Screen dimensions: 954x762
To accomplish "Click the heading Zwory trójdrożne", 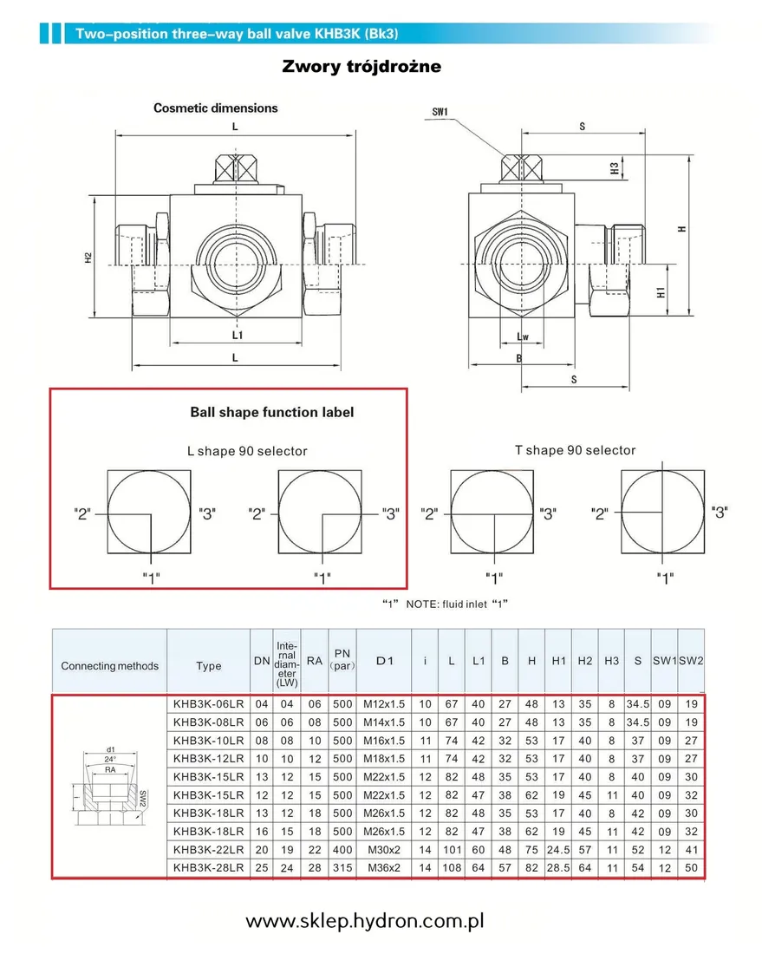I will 361,67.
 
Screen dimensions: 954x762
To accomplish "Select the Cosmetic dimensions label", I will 216,108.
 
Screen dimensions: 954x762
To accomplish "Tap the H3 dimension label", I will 615,168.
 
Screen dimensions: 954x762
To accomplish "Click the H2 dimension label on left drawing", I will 89,258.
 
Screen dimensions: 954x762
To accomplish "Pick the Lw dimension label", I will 522,336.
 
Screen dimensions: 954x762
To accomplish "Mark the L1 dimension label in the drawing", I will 238,334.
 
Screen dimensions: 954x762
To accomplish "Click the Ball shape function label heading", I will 271,412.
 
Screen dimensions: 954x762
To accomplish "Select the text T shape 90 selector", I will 575,450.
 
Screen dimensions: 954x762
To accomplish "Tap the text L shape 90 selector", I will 247,451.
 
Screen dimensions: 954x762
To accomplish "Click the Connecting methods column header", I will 109,666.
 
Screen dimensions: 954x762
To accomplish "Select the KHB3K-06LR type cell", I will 207,703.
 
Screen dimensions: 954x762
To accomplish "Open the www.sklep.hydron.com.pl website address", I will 364,921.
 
